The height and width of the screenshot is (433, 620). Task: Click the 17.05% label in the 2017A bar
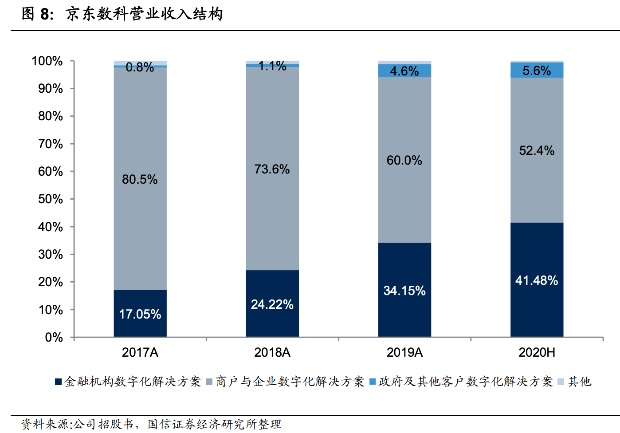pos(140,314)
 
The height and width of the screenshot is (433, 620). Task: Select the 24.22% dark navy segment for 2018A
pos(272,304)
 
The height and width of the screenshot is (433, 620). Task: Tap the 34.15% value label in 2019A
pos(404,291)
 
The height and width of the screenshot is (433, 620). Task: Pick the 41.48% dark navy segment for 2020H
pos(537,280)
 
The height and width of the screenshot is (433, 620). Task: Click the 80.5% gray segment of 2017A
pos(140,179)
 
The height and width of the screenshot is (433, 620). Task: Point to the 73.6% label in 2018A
pos(272,169)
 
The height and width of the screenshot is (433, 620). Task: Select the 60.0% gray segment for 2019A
pos(404,160)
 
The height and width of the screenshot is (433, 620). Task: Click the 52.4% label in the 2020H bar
pos(537,150)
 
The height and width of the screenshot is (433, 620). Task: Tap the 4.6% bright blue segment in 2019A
pos(404,71)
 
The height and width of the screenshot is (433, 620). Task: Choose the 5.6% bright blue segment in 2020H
pos(537,71)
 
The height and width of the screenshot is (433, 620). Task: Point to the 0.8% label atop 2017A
pos(140,67)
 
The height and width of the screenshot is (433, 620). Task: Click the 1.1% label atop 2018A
pos(272,66)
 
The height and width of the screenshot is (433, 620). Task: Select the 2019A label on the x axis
pos(404,352)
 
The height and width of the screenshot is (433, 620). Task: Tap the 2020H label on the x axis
pos(537,352)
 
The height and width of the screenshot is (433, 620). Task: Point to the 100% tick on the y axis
pos(47,61)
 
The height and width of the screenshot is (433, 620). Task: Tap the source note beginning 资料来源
pos(151,424)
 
